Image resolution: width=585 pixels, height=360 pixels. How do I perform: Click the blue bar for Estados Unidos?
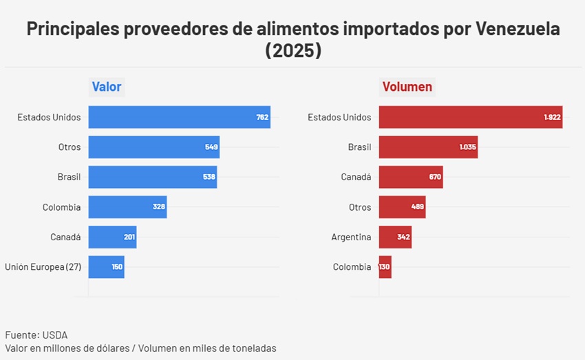point(179,117)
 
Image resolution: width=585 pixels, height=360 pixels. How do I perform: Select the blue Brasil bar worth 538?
point(152,177)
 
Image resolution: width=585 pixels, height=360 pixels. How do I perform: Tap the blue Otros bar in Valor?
point(153,147)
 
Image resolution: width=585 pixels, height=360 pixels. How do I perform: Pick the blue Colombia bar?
point(127,207)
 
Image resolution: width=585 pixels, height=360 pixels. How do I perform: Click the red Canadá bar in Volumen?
point(410,177)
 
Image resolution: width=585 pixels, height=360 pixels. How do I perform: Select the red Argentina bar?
point(395,237)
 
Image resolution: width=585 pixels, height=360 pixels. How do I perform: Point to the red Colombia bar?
point(385,267)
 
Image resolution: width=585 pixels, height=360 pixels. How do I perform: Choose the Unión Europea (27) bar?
point(106,267)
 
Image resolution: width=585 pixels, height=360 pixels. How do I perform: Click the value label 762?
point(262,117)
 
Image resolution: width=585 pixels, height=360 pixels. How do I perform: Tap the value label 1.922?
point(553,117)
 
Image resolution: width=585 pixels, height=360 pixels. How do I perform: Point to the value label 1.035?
point(468,147)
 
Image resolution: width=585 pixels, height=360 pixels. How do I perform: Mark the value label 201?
point(129,237)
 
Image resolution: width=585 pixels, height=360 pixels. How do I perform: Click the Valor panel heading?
point(107,87)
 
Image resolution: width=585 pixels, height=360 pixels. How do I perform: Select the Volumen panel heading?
point(407,87)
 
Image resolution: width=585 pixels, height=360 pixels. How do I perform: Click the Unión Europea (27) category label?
point(43,267)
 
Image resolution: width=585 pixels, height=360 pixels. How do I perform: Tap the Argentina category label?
point(351,237)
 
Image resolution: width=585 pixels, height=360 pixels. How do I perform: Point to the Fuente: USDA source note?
point(36,335)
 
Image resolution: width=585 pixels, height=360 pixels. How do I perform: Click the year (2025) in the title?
point(293,51)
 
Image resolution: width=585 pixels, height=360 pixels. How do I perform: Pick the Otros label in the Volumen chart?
point(360,207)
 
